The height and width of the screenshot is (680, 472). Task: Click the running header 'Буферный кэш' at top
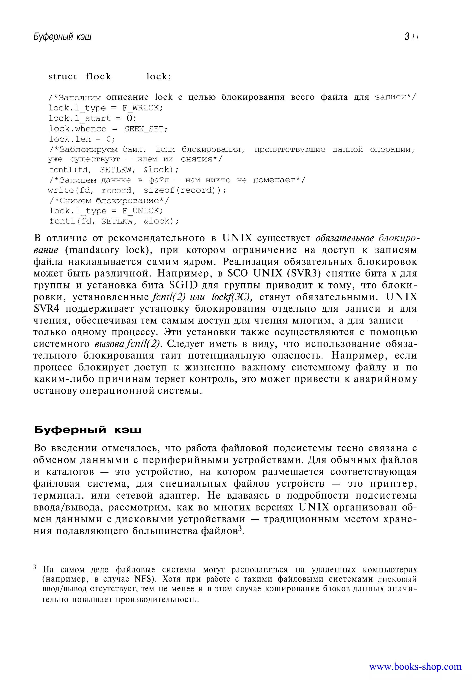click(x=62, y=37)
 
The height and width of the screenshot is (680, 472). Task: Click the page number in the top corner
click(x=411, y=37)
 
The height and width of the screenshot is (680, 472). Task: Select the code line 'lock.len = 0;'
click(x=82, y=139)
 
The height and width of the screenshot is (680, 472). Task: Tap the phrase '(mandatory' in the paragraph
click(x=92, y=250)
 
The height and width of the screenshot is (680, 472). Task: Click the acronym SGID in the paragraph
click(x=183, y=285)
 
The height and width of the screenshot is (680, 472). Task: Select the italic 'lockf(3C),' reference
click(x=232, y=297)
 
